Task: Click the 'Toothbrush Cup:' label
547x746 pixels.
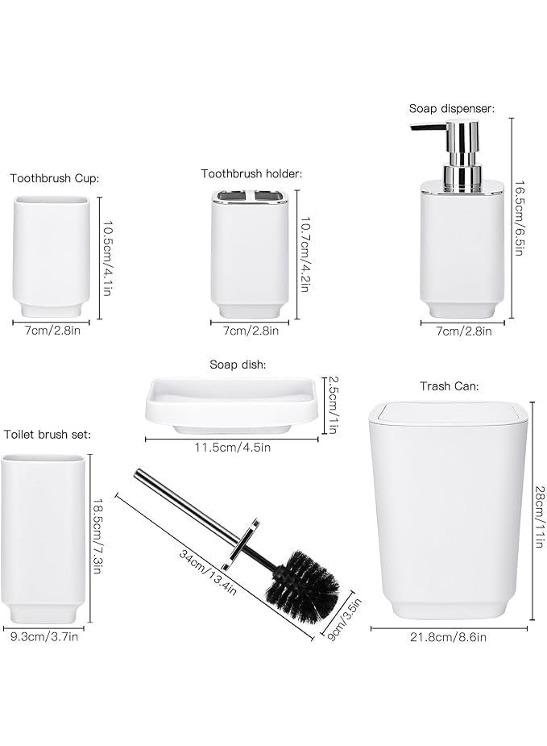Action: click(x=55, y=178)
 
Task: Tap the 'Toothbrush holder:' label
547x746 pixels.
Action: click(x=251, y=173)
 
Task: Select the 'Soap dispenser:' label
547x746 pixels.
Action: click(x=451, y=108)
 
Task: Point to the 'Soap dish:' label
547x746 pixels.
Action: click(x=238, y=365)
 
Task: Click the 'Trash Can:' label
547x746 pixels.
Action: click(x=449, y=386)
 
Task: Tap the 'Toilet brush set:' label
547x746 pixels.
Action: click(x=48, y=435)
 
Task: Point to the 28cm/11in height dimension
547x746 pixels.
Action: click(x=537, y=515)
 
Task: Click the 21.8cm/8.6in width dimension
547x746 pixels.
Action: click(x=449, y=637)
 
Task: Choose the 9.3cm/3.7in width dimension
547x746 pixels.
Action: click(x=44, y=637)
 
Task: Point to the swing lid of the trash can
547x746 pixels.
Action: click(x=448, y=415)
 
